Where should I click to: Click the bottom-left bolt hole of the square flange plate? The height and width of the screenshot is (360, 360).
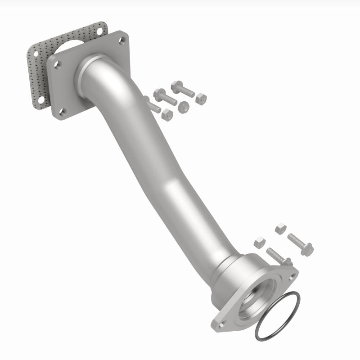63,112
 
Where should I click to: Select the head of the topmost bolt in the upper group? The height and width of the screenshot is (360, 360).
176,87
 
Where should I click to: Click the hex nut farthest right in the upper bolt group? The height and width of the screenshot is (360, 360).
201,99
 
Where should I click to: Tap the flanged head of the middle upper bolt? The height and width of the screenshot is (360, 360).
159,94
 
